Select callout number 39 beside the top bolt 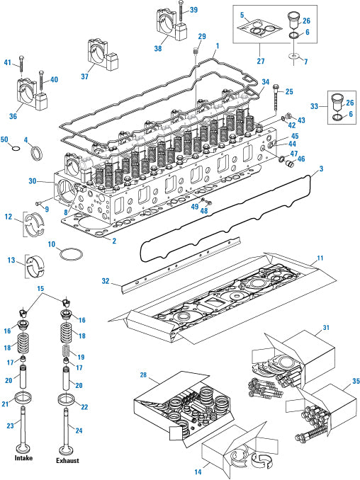point(193,10)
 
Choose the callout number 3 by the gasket point(322,169)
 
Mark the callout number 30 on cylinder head point(31,181)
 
